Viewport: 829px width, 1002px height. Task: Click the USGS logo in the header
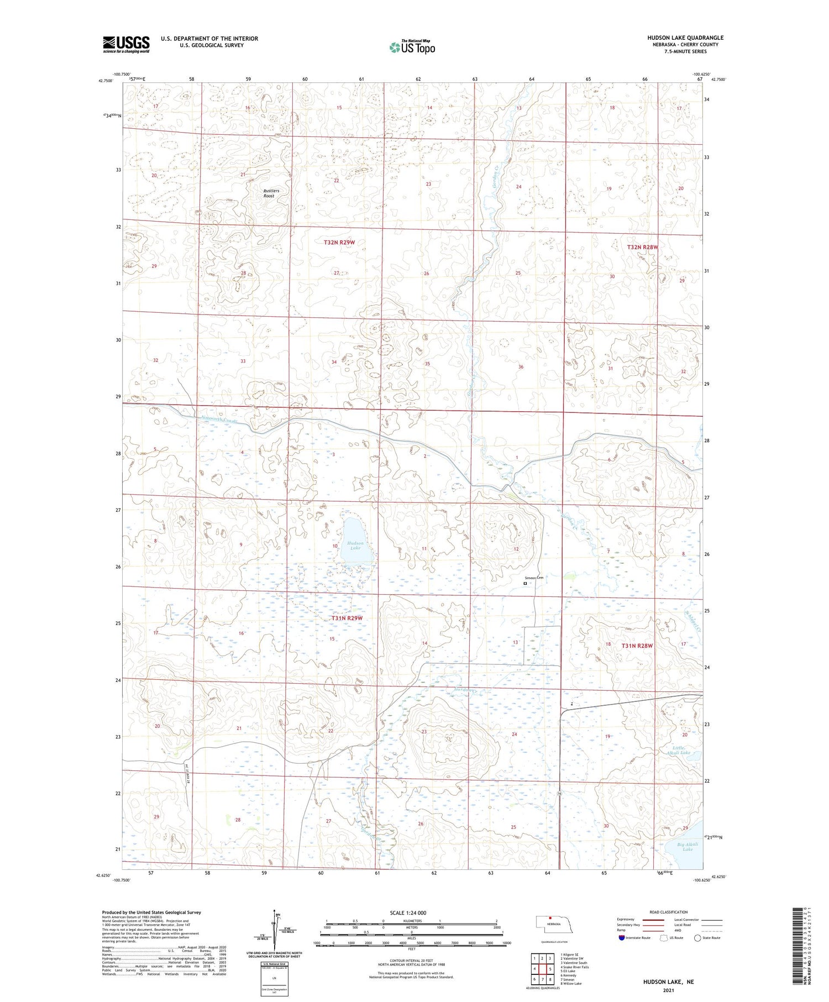coord(126,44)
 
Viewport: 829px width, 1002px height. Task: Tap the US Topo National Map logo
coord(412,47)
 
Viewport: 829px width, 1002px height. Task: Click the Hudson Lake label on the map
coord(355,545)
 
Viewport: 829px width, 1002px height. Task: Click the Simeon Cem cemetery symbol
coord(525,583)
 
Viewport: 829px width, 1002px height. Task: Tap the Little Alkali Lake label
coord(678,750)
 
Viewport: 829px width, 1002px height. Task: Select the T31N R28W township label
coord(637,646)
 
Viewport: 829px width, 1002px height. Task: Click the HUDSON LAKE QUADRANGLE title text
coord(685,38)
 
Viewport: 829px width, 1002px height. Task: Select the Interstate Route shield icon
coord(622,938)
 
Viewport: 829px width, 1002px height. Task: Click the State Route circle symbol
coord(697,938)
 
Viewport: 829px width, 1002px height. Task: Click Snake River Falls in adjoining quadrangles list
coord(575,967)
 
